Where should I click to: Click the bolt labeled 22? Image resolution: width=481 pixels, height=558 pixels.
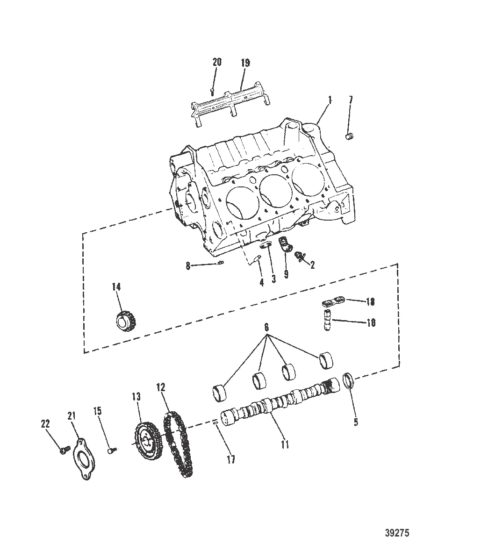tap(63, 451)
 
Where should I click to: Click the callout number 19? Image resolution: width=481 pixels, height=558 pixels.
tap(245, 62)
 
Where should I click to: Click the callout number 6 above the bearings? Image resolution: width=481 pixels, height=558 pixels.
tap(266, 328)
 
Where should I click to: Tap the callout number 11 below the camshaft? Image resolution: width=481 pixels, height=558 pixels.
tap(285, 444)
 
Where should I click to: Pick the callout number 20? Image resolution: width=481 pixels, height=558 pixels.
tap(217, 62)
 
